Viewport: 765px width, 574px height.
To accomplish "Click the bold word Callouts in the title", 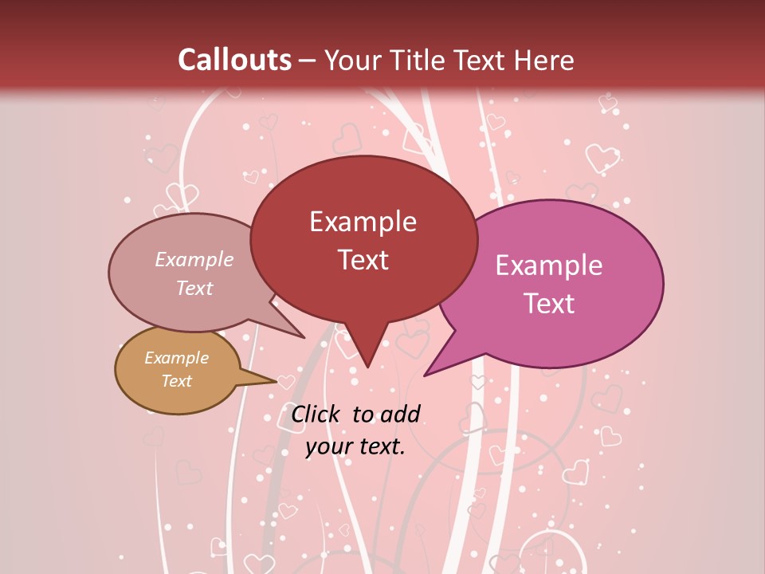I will coord(234,60).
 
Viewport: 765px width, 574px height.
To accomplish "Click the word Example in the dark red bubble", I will coord(363,222).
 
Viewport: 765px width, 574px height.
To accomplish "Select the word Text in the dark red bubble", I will coord(363,260).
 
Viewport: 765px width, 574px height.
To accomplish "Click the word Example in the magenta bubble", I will coord(549,265).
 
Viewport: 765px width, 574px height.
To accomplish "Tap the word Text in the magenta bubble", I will coord(549,304).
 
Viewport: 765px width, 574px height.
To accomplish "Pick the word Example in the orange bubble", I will coord(176,358).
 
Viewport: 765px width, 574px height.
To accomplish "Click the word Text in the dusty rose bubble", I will coord(194,288).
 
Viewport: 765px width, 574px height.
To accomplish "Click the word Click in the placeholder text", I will coord(317,414).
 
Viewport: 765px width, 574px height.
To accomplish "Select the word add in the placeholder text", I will coord(400,414).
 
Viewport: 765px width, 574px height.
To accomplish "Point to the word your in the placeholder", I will coord(328,447).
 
